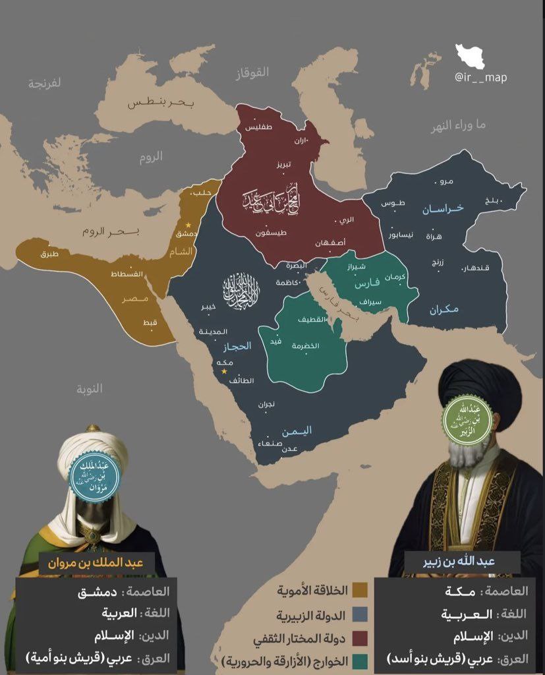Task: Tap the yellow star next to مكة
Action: (224, 371)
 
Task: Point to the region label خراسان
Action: (443, 208)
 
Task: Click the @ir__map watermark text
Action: (480, 77)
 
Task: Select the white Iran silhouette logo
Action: (470, 55)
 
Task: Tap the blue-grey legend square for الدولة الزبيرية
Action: (360, 614)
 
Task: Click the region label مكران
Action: (442, 308)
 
